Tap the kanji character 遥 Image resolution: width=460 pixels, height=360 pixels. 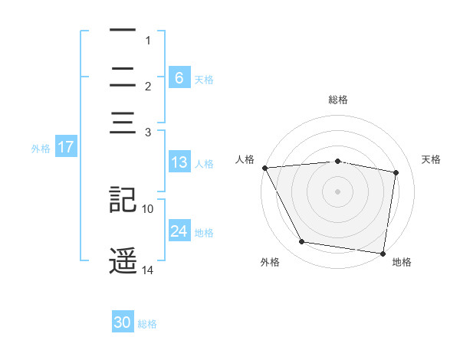pos(123,261)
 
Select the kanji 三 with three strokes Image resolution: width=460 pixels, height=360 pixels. pos(123,123)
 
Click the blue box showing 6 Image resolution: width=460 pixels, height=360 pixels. pos(179,77)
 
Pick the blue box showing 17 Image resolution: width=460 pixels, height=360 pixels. pos(65,147)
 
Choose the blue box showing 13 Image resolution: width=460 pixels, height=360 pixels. pos(179,162)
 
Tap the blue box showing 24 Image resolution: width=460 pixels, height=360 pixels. pos(179,231)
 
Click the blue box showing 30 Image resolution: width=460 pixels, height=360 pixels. pos(123,322)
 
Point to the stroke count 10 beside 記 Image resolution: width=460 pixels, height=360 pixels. pos(148,208)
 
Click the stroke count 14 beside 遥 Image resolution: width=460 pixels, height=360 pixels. pos(148,270)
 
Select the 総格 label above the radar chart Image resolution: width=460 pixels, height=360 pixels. pos(337,100)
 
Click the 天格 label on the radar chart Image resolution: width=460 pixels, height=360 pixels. pos(432,159)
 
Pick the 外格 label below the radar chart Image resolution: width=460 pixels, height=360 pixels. pos(270,262)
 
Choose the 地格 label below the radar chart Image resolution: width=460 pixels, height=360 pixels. pos(402,262)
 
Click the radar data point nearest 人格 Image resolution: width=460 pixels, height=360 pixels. pos(264,168)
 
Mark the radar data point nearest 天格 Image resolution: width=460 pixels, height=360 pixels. pos(396,172)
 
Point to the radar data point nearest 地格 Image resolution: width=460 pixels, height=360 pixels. pos(383,253)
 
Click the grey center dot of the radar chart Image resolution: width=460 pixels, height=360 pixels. pos(337,191)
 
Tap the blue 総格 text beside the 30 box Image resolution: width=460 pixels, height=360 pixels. pos(147,324)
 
